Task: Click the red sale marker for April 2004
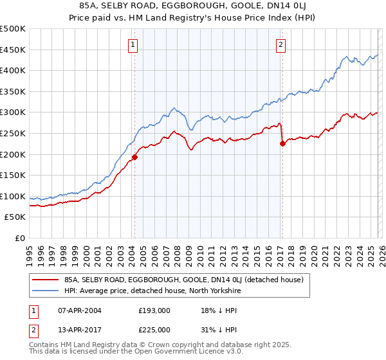pos(134,156)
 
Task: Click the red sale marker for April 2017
pos(282,143)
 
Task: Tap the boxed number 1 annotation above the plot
pos(133,44)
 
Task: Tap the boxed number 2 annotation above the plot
pos(281,44)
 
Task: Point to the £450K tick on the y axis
pos(13,50)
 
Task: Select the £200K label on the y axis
pos(13,154)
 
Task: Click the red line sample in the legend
pos(46,279)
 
